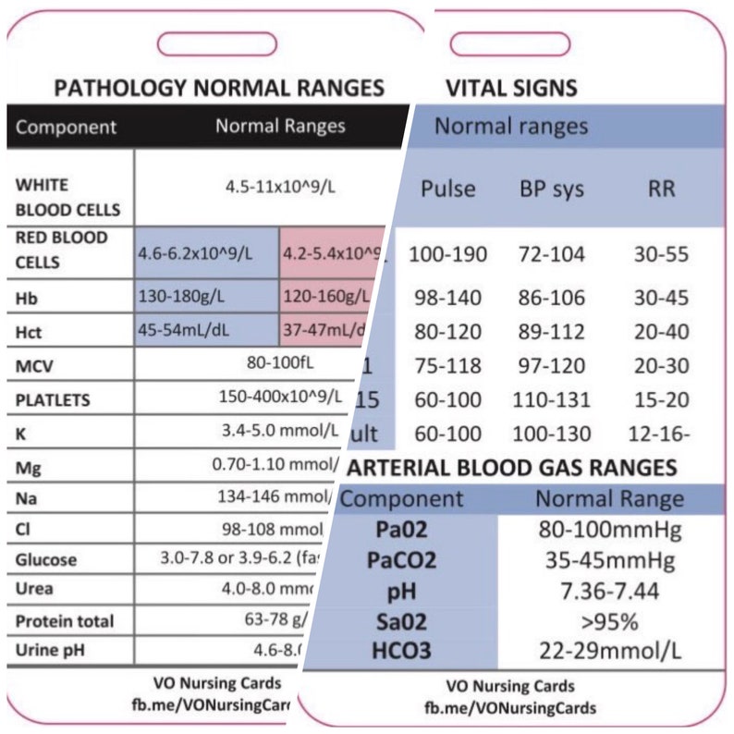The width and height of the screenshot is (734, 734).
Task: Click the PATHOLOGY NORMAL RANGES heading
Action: [x=219, y=88]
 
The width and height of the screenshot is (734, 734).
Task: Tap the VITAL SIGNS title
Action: [x=511, y=88]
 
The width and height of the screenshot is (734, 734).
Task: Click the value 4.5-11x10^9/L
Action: [x=280, y=186]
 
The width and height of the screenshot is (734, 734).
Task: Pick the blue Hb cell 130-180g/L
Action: [x=181, y=297]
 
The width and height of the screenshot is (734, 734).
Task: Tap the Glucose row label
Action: [x=46, y=559]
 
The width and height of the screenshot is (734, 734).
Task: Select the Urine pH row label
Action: [x=52, y=649]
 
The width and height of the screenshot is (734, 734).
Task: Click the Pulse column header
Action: [x=448, y=189]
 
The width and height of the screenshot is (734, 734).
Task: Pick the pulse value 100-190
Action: [x=448, y=254]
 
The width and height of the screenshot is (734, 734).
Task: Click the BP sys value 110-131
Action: [x=553, y=400]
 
